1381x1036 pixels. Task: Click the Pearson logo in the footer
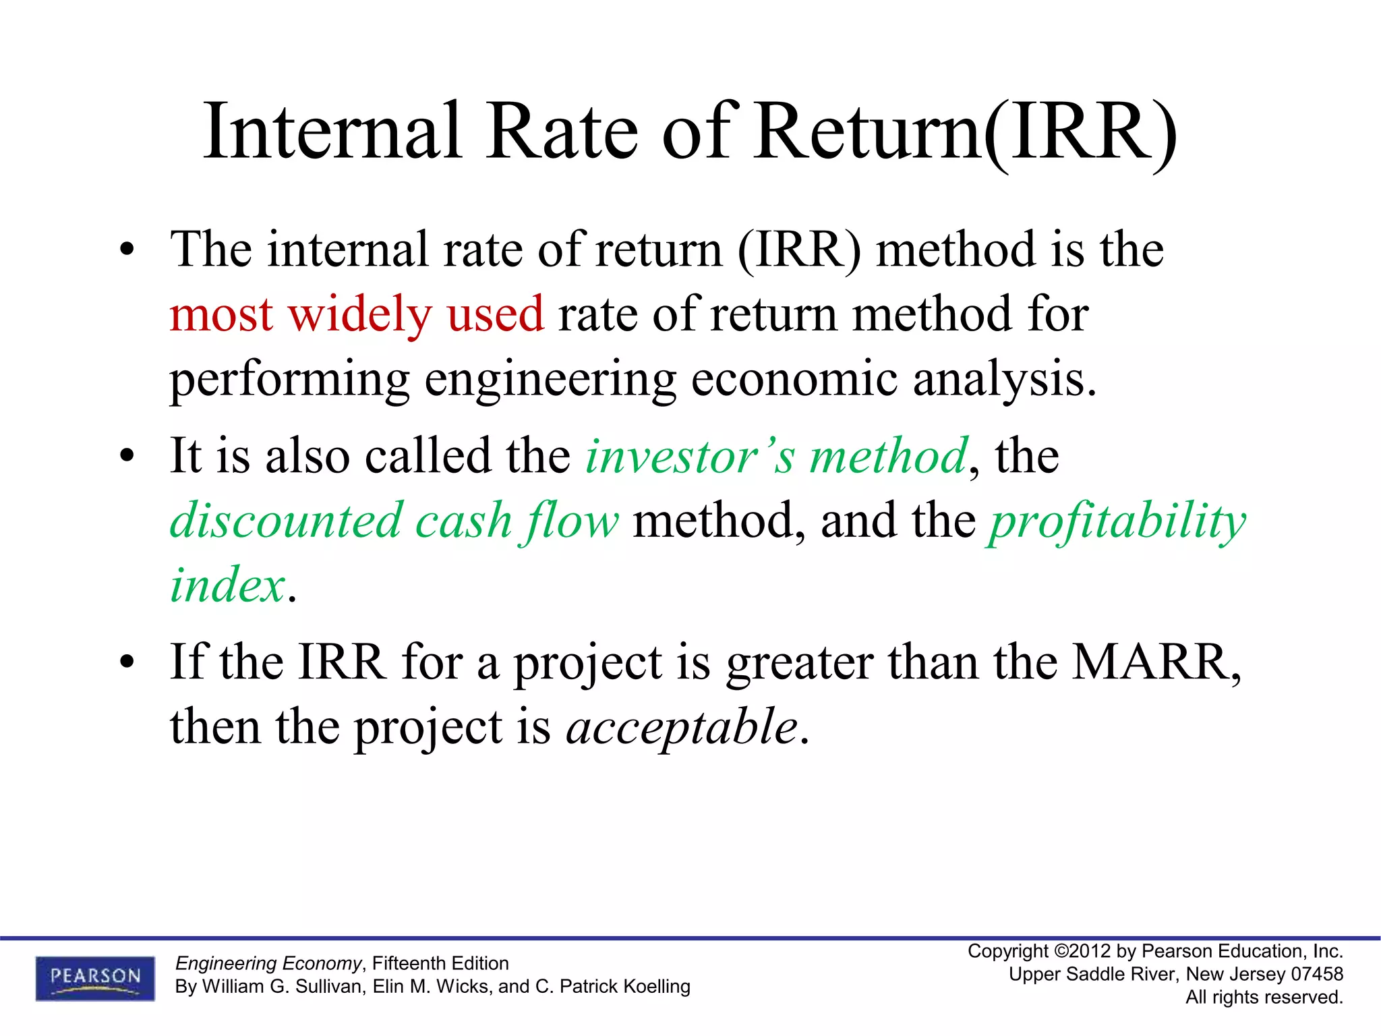click(x=95, y=977)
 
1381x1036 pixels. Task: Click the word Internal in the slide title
click(x=332, y=131)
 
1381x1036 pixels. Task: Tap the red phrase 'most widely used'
click(x=356, y=314)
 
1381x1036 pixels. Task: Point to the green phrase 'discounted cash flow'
click(x=394, y=521)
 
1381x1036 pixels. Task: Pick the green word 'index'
click(x=228, y=585)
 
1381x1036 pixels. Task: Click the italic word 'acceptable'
click(x=682, y=728)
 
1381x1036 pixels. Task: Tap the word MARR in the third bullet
click(x=1150, y=662)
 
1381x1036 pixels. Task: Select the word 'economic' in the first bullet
click(x=794, y=379)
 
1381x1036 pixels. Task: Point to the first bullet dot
click(x=127, y=252)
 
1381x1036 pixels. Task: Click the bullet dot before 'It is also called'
click(x=127, y=458)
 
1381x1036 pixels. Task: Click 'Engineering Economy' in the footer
click(x=268, y=963)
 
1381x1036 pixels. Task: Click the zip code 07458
click(x=1317, y=974)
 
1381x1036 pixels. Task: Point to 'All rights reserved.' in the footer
click(x=1264, y=997)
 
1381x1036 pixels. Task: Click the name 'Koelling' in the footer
click(x=658, y=986)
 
